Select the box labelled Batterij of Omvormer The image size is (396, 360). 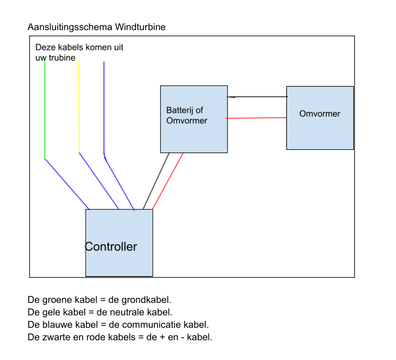[194, 135]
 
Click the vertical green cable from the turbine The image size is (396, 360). [45, 109]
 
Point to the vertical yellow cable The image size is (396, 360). [78, 109]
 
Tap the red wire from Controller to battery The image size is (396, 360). [168, 181]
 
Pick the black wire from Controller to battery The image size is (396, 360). [156, 181]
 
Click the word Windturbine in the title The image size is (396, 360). [141, 27]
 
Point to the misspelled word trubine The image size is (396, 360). [62, 58]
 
